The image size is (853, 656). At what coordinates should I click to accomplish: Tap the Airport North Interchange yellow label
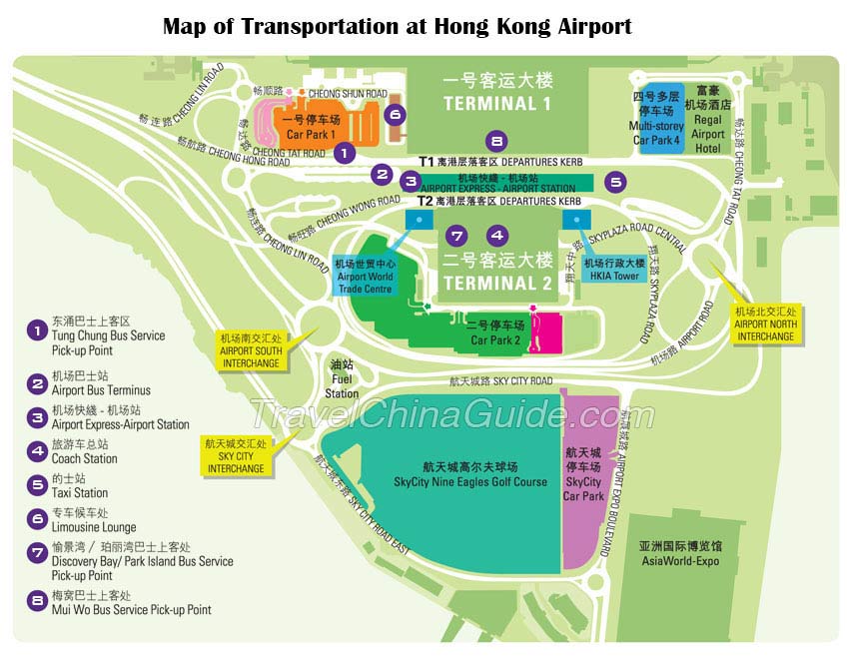[x=765, y=324]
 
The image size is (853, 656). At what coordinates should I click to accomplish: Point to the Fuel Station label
[x=342, y=379]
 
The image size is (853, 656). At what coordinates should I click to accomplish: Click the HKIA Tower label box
[x=612, y=270]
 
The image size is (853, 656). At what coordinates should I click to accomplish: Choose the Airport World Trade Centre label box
[x=366, y=277]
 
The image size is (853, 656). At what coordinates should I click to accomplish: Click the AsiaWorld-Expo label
[x=679, y=553]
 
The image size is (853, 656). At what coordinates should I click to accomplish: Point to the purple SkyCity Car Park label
[x=584, y=481]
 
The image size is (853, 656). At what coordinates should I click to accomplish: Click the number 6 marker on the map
[x=396, y=115]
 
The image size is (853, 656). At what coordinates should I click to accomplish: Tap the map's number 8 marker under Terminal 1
[x=496, y=142]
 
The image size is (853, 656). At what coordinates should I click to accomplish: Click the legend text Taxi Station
[x=80, y=492]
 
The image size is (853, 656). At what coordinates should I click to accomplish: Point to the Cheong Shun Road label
[x=347, y=94]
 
